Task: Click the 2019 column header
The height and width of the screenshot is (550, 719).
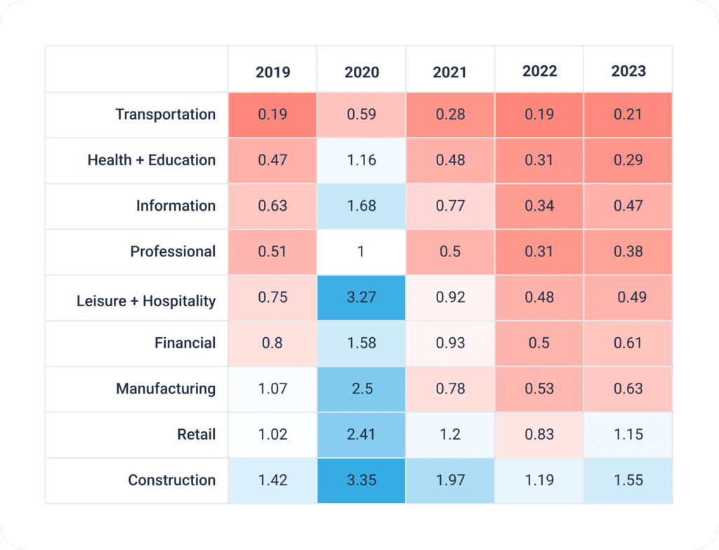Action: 272,72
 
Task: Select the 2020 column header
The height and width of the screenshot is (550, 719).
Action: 362,72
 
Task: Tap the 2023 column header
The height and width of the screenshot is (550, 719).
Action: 628,71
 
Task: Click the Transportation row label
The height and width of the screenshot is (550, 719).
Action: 166,114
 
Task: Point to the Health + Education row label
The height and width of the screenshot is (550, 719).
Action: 152,160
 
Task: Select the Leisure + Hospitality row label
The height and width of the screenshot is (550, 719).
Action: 146,301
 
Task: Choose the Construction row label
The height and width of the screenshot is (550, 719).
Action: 172,480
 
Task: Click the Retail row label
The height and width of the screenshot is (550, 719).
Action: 197,435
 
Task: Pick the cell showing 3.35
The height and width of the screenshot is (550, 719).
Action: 362,480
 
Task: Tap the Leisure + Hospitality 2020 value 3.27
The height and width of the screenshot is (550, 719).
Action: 362,297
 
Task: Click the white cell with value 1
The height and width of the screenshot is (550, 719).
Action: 362,251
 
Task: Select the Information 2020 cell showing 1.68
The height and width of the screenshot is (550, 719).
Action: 362,206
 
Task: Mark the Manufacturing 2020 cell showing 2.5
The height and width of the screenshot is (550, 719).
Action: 362,388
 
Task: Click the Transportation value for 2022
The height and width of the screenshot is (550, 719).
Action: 539,114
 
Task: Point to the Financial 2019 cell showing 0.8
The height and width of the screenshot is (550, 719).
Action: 272,343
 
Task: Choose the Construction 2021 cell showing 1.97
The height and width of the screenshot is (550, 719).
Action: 450,480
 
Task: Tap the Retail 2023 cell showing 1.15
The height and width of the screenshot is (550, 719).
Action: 628,435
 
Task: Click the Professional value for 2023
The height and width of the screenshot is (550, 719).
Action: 628,251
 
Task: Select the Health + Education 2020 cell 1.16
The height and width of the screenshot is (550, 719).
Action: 362,160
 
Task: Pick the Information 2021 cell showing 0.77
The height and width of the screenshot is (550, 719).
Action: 450,206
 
